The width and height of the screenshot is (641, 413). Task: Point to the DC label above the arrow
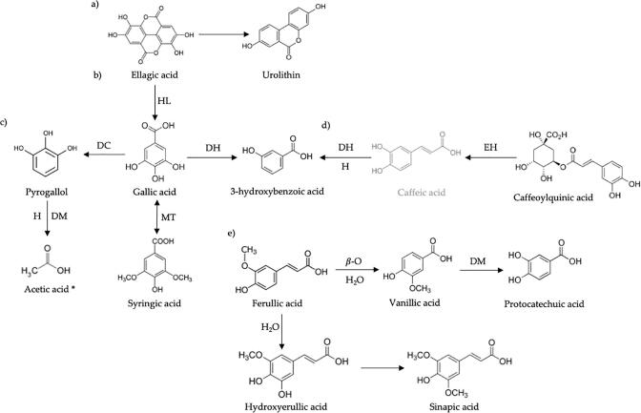click(x=100, y=145)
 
